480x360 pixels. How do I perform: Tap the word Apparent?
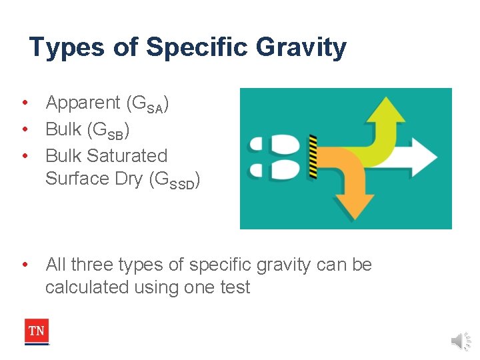pyautogui.click(x=83, y=103)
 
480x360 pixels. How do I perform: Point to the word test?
pyautogui.click(x=236, y=287)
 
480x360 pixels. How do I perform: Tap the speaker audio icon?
pyautogui.click(x=460, y=341)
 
